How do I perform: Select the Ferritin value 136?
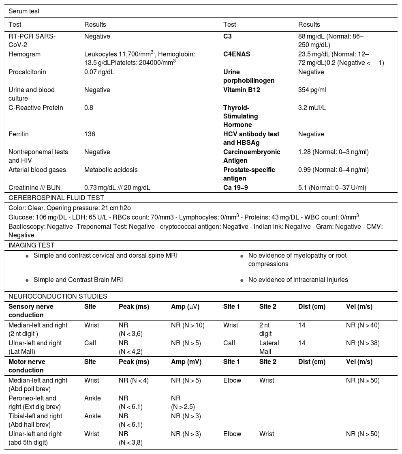[89, 134]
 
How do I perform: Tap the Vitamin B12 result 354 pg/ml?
[312, 90]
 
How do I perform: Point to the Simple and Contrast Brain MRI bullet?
[78, 280]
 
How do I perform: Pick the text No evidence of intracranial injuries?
[298, 280]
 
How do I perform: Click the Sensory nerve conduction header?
[31, 310]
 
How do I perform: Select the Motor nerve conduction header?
[27, 366]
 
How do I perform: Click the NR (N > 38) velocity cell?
[363, 343]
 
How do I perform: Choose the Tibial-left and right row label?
[35, 420]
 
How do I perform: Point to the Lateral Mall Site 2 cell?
[269, 347]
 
